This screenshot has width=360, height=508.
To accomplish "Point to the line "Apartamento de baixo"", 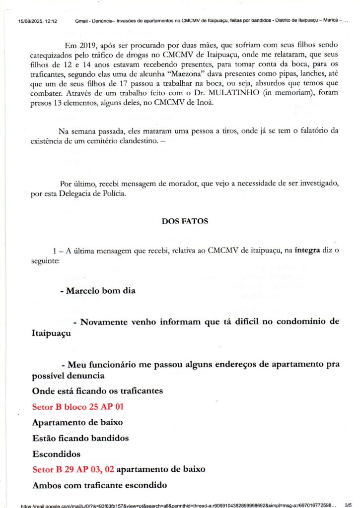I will pos(77,423).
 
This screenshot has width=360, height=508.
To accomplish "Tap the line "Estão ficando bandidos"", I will pos(80,439).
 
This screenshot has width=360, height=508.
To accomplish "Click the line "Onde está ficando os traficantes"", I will pos(97,391).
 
